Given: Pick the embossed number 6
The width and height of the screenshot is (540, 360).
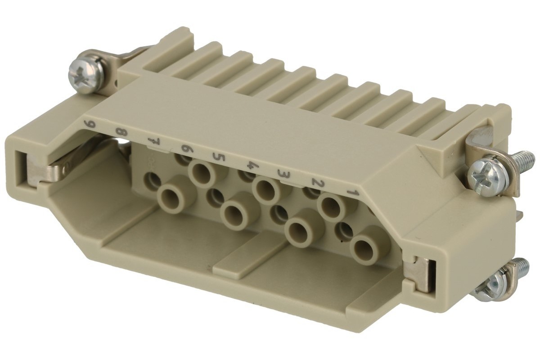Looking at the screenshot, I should coord(185,149).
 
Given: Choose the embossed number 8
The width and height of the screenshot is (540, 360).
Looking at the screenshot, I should coord(121,133).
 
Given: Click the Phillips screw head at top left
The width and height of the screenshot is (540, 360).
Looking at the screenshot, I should coord(85,73).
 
